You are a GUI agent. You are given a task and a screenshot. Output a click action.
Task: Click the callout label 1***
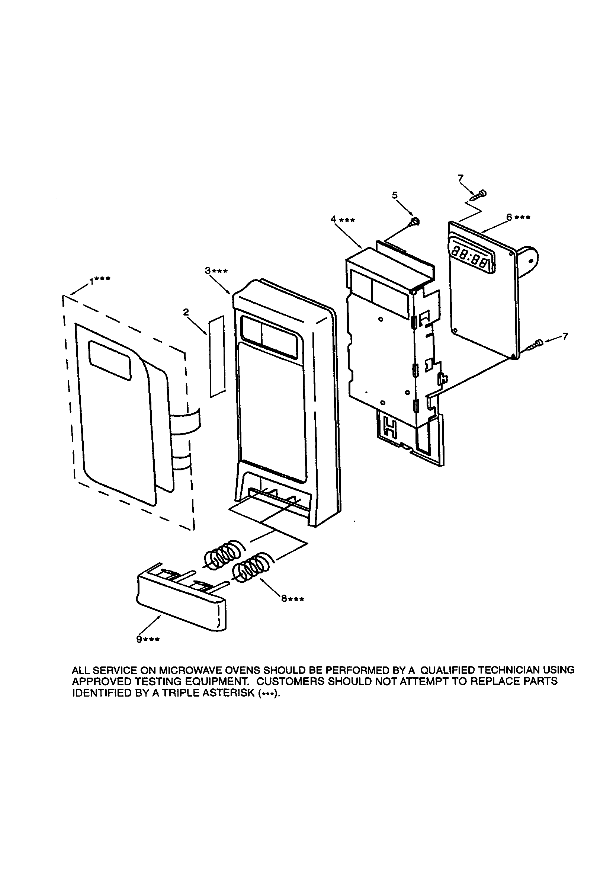[x=100, y=280]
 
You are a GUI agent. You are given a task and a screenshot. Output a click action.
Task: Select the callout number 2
[x=186, y=312]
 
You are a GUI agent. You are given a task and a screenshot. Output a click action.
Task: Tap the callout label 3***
[x=216, y=271]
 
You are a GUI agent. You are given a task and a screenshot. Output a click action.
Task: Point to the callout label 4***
[x=343, y=220]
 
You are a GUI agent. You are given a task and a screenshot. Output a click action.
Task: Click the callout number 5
[x=395, y=195]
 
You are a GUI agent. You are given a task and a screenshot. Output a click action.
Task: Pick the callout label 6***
[x=518, y=217]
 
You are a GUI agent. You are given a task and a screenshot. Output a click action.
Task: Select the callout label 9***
[x=148, y=640]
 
